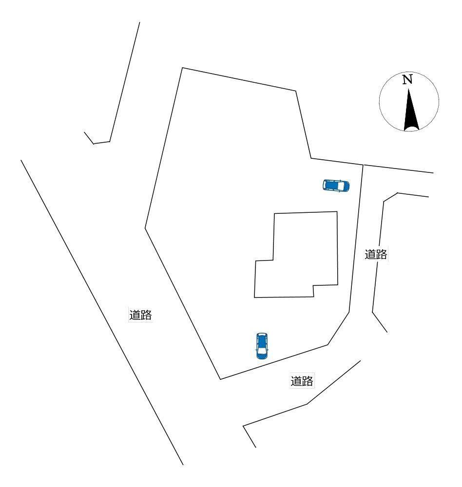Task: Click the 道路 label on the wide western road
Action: pyautogui.click(x=140, y=315)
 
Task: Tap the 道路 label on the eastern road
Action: pyautogui.click(x=376, y=254)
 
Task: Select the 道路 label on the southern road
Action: pyautogui.click(x=302, y=381)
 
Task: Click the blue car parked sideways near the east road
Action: pyautogui.click(x=336, y=186)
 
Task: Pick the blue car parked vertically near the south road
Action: pyautogui.click(x=262, y=346)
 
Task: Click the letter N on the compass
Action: pyautogui.click(x=407, y=79)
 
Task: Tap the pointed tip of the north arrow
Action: pyautogui.click(x=408, y=90)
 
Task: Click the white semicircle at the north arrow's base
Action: pyautogui.click(x=411, y=129)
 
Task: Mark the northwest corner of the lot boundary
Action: pyautogui.click(x=182, y=68)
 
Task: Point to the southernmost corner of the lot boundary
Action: pyautogui.click(x=220, y=379)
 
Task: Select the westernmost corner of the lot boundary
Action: pyautogui.click(x=145, y=228)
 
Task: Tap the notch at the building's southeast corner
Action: pyautogui.click(x=313, y=285)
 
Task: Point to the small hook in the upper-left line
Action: pyautogui.click(x=94, y=144)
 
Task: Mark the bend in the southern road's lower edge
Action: pyautogui.click(x=307, y=404)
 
